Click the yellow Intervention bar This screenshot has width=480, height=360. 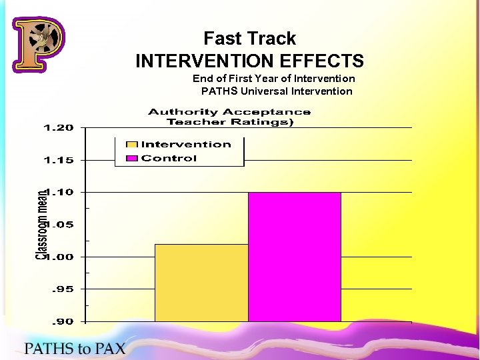pyautogui.click(x=201, y=283)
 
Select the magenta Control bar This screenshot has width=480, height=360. pyautogui.click(x=294, y=257)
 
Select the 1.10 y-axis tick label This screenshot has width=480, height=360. pyautogui.click(x=61, y=192)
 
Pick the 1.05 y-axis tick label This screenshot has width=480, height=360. pyautogui.click(x=60, y=225)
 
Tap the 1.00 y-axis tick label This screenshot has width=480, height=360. pyautogui.click(x=61, y=257)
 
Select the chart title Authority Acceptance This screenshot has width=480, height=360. pyautogui.click(x=229, y=112)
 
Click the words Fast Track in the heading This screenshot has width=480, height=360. pyautogui.click(x=249, y=39)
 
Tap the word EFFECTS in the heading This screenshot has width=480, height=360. pyautogui.click(x=322, y=61)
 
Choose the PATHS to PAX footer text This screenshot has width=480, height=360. pyautogui.click(x=75, y=348)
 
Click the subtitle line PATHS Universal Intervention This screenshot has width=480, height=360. pyautogui.click(x=277, y=91)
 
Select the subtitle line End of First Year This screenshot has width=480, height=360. pyautogui.click(x=273, y=79)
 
